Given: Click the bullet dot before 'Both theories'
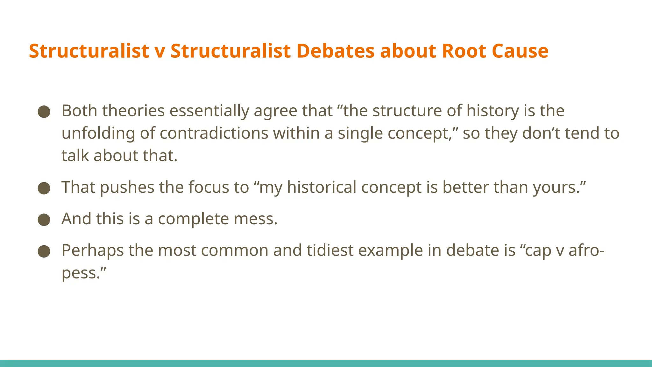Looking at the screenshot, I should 44,112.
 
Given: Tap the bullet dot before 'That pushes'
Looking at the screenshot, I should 44,188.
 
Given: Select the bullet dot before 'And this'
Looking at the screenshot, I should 44,219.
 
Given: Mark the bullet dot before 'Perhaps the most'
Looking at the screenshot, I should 44,251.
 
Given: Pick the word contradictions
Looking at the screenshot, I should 214,133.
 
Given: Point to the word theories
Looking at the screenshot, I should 133,111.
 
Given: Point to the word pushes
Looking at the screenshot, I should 127,187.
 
